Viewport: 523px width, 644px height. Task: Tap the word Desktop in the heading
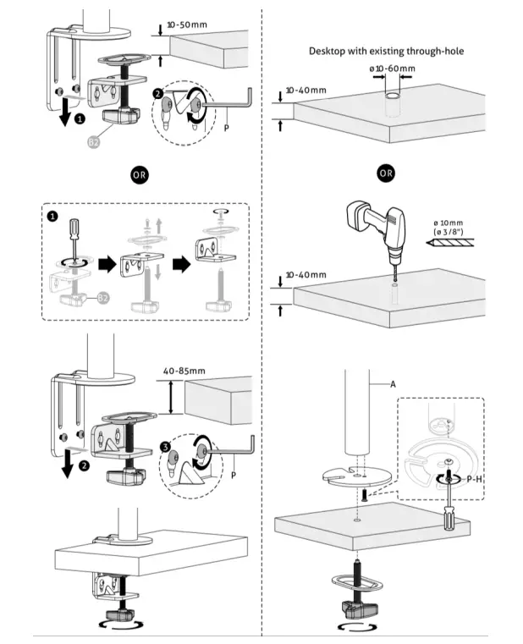click(x=331, y=52)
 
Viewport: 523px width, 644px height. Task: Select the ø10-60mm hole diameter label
click(x=391, y=69)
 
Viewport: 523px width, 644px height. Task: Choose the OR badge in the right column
click(x=386, y=173)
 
